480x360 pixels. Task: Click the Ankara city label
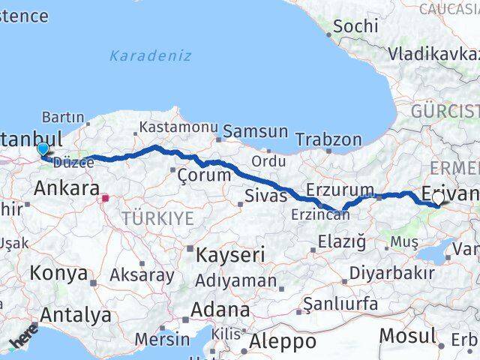(x=67, y=189)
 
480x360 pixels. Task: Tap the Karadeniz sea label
(x=150, y=55)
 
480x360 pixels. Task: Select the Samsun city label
(x=255, y=131)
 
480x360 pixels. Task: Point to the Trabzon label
(x=328, y=139)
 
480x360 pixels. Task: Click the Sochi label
(x=355, y=25)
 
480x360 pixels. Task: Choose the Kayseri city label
(x=231, y=254)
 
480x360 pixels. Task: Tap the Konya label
(x=58, y=273)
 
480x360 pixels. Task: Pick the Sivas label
(x=266, y=196)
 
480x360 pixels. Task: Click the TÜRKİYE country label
(x=159, y=219)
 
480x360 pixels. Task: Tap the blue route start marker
(x=43, y=150)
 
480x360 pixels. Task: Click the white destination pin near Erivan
(x=438, y=198)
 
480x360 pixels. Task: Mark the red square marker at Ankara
(x=106, y=199)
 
